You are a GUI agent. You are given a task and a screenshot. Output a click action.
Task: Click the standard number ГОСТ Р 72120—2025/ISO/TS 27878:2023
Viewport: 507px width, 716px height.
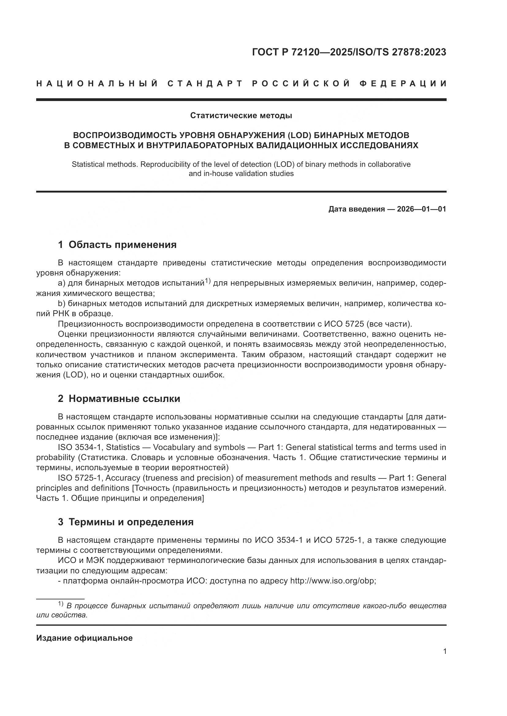point(349,52)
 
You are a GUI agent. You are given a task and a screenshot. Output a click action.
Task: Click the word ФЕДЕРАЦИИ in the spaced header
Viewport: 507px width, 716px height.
point(403,84)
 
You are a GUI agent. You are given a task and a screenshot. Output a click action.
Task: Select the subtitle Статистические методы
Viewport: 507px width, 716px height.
point(241,116)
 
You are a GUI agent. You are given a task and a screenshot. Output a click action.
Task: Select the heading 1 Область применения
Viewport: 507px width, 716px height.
point(117,245)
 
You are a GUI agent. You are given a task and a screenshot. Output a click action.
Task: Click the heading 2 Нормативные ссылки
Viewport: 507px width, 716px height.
point(119,399)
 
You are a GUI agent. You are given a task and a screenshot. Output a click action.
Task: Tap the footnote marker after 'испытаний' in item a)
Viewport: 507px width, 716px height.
point(208,281)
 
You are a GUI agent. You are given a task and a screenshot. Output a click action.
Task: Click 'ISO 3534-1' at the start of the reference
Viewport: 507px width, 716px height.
point(79,448)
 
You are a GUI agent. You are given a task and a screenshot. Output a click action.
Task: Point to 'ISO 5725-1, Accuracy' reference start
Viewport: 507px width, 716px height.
point(99,478)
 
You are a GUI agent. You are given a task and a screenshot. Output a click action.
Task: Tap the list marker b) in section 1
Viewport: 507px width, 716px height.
point(62,303)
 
